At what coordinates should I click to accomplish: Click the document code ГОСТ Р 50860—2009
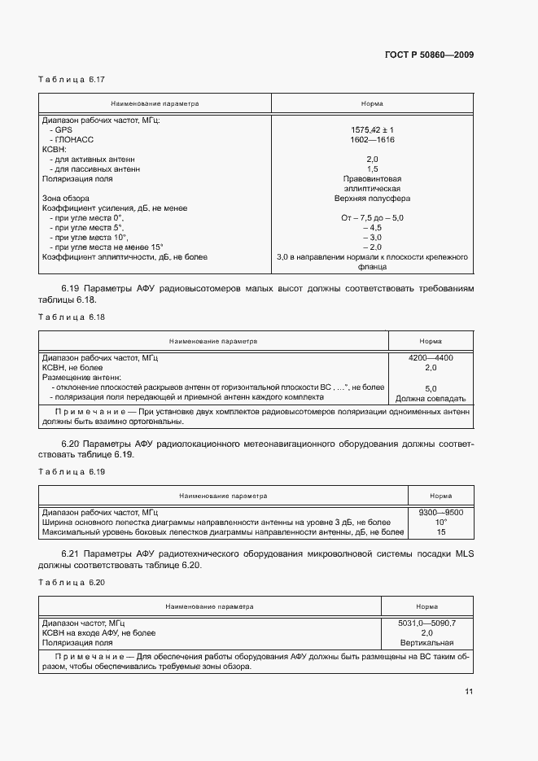coord(428,55)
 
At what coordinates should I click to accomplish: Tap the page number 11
coord(469,692)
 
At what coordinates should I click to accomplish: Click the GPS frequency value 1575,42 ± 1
coord(372,129)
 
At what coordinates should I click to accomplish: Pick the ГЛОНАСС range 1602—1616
coord(372,139)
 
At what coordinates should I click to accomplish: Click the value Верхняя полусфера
coord(372,198)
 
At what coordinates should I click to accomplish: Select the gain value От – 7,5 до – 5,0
coord(372,217)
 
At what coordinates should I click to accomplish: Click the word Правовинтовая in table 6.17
coord(372,178)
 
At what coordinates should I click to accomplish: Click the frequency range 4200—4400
coord(431,358)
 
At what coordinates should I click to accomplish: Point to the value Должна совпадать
coord(431,399)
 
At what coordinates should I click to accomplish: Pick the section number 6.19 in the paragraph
coord(71,289)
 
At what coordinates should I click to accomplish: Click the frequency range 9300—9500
coord(440,512)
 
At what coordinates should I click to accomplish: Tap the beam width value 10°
coord(440,522)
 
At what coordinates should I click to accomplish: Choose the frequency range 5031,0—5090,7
coord(426,623)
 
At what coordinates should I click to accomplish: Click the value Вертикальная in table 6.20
coord(426,642)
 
